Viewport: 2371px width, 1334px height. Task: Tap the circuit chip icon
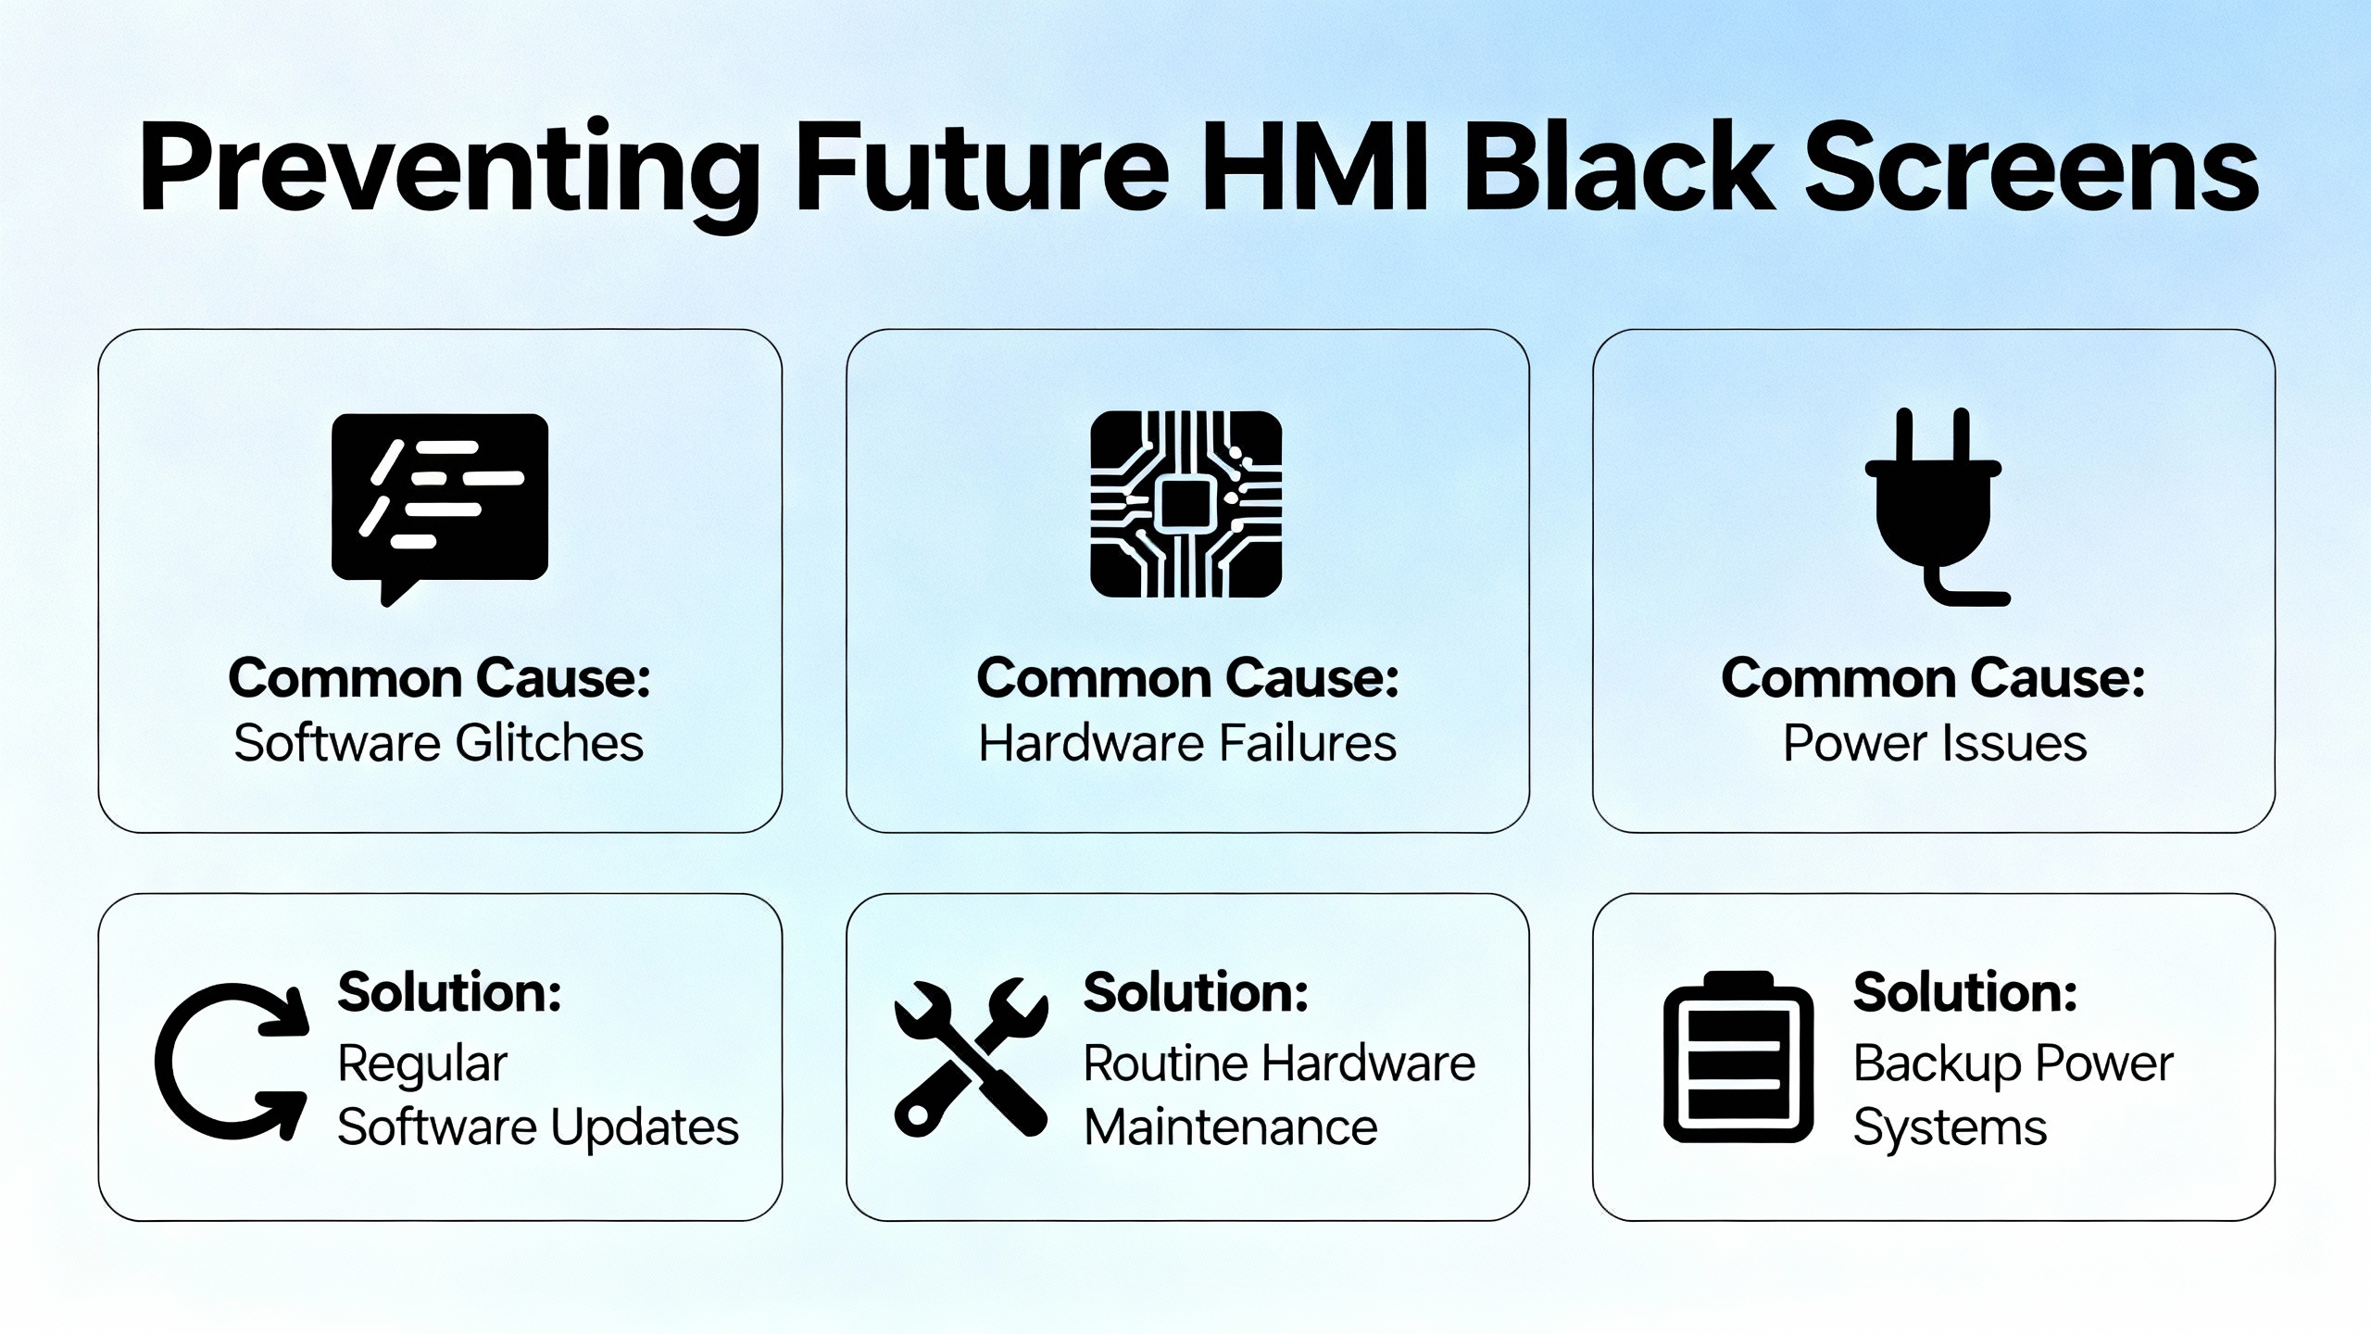[1186, 504]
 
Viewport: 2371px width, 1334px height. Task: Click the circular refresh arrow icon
[232, 1062]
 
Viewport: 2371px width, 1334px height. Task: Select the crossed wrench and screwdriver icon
[971, 1057]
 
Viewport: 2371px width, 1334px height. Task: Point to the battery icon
[1738, 1057]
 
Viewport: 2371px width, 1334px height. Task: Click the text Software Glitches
[439, 743]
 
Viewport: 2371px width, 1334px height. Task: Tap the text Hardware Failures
[1187, 743]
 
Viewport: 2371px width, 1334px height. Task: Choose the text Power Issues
[1935, 743]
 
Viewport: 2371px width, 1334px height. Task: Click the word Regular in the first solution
[422, 1065]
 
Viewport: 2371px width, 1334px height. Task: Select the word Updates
[645, 1129]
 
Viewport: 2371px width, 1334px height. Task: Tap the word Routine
[1170, 1063]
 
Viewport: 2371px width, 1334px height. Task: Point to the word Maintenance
[1231, 1127]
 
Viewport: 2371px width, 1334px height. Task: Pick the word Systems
[1950, 1129]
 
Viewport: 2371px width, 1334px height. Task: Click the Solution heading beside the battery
[1965, 992]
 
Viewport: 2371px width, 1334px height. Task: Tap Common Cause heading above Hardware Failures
[1187, 678]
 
